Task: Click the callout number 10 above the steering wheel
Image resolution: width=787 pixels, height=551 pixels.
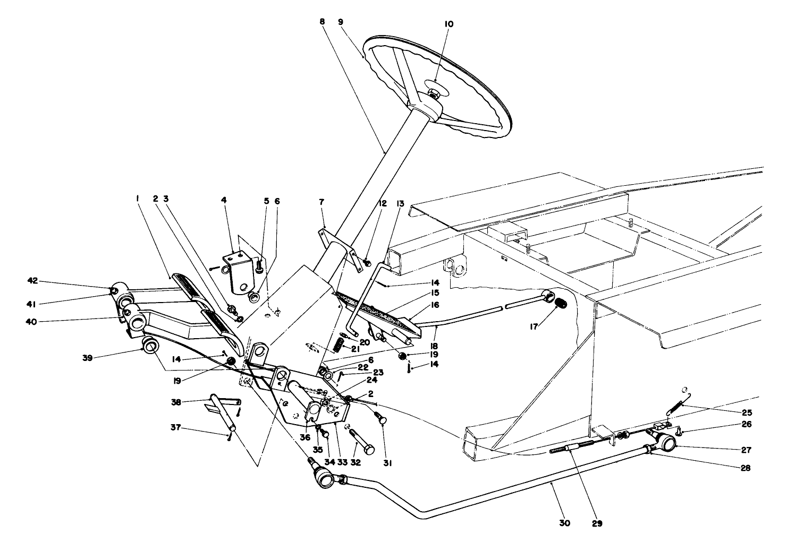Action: [449, 24]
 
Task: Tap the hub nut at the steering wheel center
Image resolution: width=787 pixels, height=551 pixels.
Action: [434, 95]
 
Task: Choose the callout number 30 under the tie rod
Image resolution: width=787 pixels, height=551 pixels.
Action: [564, 523]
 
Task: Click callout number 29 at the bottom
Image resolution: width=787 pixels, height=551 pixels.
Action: [597, 523]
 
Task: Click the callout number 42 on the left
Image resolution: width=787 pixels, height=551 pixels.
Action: [33, 281]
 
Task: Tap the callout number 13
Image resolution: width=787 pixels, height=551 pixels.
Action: [400, 203]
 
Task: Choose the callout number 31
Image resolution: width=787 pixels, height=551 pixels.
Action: [387, 463]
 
